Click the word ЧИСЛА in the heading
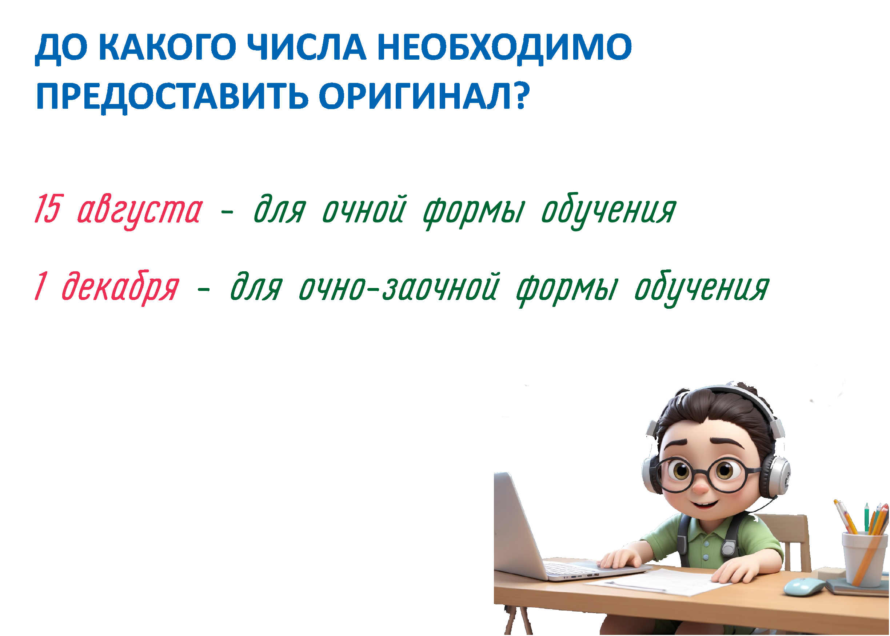click(x=308, y=47)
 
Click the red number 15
click(x=49, y=209)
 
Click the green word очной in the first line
click(x=364, y=209)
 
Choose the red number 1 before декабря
click(x=41, y=286)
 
